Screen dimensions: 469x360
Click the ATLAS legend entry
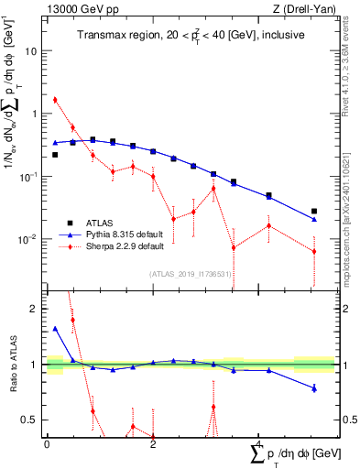pyautogui.click(x=98, y=223)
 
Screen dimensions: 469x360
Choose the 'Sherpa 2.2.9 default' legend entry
pyautogui.click(x=124, y=246)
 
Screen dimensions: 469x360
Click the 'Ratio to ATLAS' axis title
pyautogui.click(x=14, y=364)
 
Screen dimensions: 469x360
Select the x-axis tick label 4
pyautogui.click(x=259, y=443)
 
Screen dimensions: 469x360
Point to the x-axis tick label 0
pyautogui.click(x=47, y=443)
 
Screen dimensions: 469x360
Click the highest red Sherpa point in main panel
pyautogui.click(x=55, y=100)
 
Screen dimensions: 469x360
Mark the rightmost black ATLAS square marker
pyautogui.click(x=314, y=212)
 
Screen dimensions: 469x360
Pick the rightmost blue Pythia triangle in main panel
pyautogui.click(x=314, y=219)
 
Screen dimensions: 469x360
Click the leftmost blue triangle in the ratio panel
pyautogui.click(x=55, y=328)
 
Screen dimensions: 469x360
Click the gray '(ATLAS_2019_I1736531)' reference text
pyautogui.click(x=189, y=273)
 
